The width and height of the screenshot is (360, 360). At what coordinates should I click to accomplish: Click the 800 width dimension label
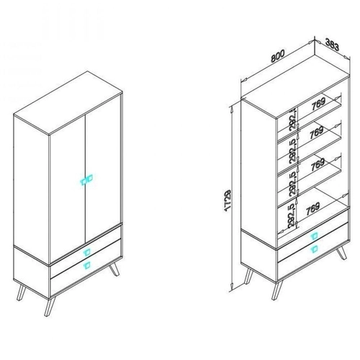(x=278, y=56)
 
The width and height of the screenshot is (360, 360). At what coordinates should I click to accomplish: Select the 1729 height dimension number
(x=228, y=201)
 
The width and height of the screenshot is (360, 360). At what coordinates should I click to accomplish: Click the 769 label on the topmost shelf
(x=318, y=104)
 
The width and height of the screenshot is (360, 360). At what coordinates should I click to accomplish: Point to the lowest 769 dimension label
(x=313, y=208)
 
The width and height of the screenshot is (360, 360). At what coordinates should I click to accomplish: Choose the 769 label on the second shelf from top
(x=317, y=132)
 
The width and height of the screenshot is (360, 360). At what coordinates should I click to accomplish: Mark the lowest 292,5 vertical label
(x=291, y=216)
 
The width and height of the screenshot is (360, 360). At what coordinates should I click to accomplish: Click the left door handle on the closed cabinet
(x=83, y=181)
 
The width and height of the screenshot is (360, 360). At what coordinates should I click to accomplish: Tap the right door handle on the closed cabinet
(x=89, y=179)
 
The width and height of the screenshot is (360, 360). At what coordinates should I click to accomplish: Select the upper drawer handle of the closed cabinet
(x=86, y=252)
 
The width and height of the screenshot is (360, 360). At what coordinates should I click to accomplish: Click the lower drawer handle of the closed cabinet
(x=86, y=265)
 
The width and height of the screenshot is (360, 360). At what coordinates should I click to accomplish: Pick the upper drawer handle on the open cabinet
(x=314, y=236)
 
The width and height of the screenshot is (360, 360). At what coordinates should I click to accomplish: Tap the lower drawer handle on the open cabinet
(x=314, y=249)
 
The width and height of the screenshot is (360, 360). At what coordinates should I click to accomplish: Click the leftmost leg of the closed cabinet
(x=21, y=292)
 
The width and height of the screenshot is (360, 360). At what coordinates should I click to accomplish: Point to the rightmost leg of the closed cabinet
(x=114, y=269)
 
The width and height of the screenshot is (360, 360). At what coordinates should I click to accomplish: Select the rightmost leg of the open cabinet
(x=341, y=253)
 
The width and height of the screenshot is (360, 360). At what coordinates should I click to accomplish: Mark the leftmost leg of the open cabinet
(x=248, y=276)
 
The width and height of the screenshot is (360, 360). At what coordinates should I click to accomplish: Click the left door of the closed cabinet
(x=68, y=190)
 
